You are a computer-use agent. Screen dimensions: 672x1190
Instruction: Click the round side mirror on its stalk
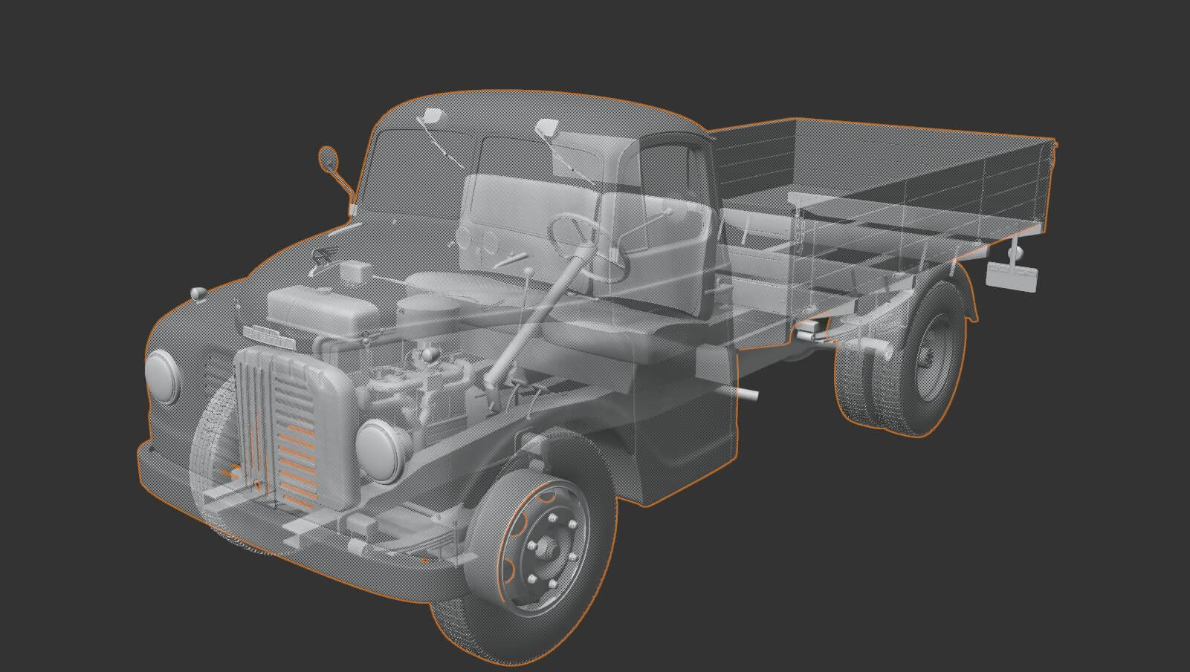tap(327, 158)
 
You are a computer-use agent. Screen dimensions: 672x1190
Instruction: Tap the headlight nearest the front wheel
tap(378, 448)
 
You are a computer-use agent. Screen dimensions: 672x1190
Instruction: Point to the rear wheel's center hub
tap(927, 359)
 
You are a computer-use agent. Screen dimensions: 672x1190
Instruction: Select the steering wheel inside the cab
tap(587, 245)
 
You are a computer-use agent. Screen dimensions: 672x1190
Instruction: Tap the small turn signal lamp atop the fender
tap(198, 293)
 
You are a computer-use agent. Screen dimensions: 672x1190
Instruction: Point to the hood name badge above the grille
tap(268, 336)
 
